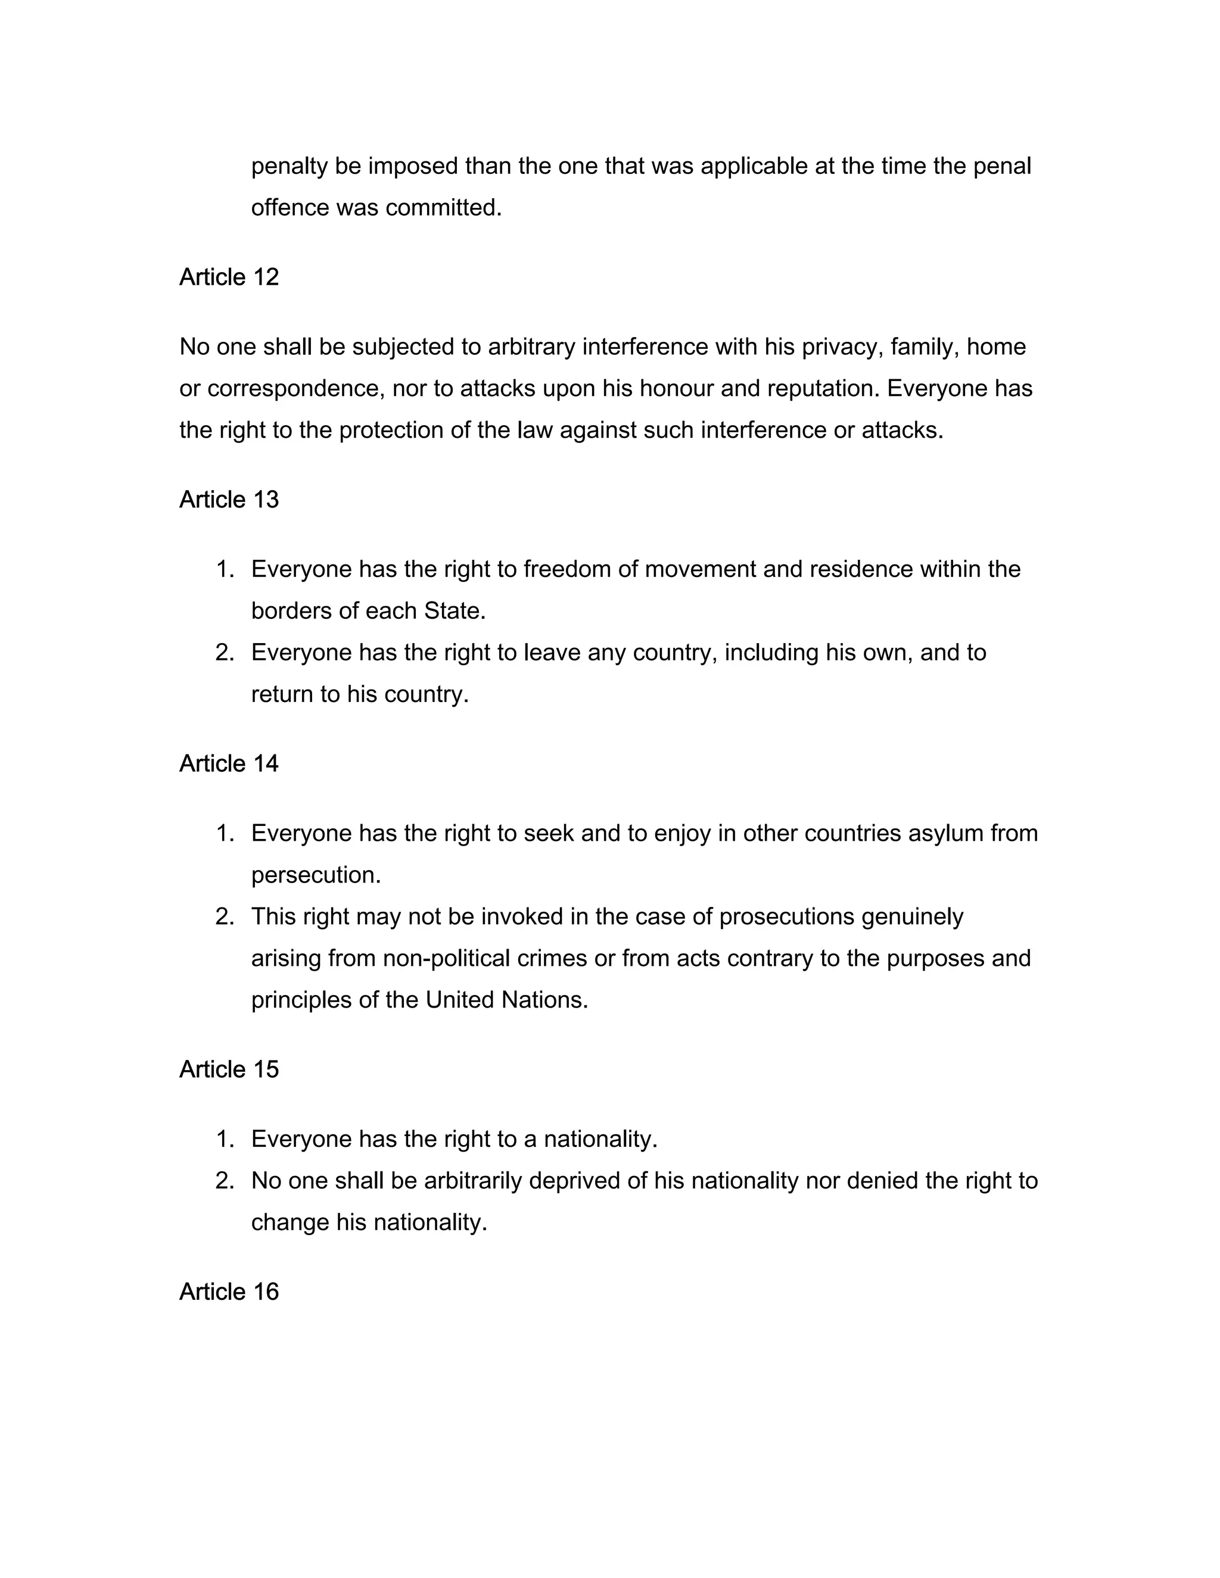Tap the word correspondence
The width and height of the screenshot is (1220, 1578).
292,389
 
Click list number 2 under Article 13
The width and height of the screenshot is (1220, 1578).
225,653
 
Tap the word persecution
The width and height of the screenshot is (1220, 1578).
315,876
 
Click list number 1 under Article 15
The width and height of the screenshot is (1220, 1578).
225,1139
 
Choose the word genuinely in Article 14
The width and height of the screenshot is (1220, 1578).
913,917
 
